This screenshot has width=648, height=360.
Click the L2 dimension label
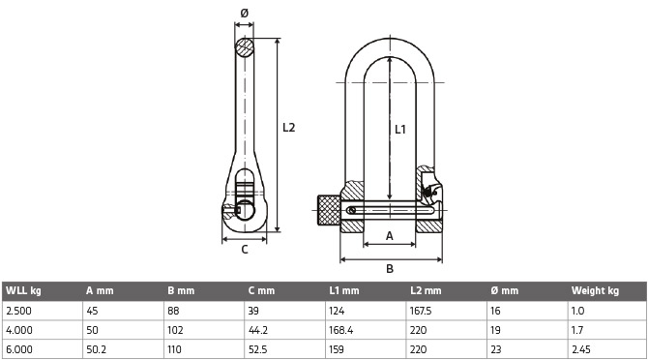[289, 128]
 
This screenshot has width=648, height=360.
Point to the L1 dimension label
[400, 130]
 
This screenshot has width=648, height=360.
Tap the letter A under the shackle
[390, 236]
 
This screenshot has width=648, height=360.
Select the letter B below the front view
[390, 269]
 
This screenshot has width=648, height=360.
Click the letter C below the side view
[245, 250]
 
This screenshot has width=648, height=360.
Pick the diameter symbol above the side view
[245, 14]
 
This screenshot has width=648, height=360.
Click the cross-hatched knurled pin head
[329, 210]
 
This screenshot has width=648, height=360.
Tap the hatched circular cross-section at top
[245, 47]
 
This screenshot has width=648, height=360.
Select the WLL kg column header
[23, 290]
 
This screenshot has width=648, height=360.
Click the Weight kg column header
[595, 290]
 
